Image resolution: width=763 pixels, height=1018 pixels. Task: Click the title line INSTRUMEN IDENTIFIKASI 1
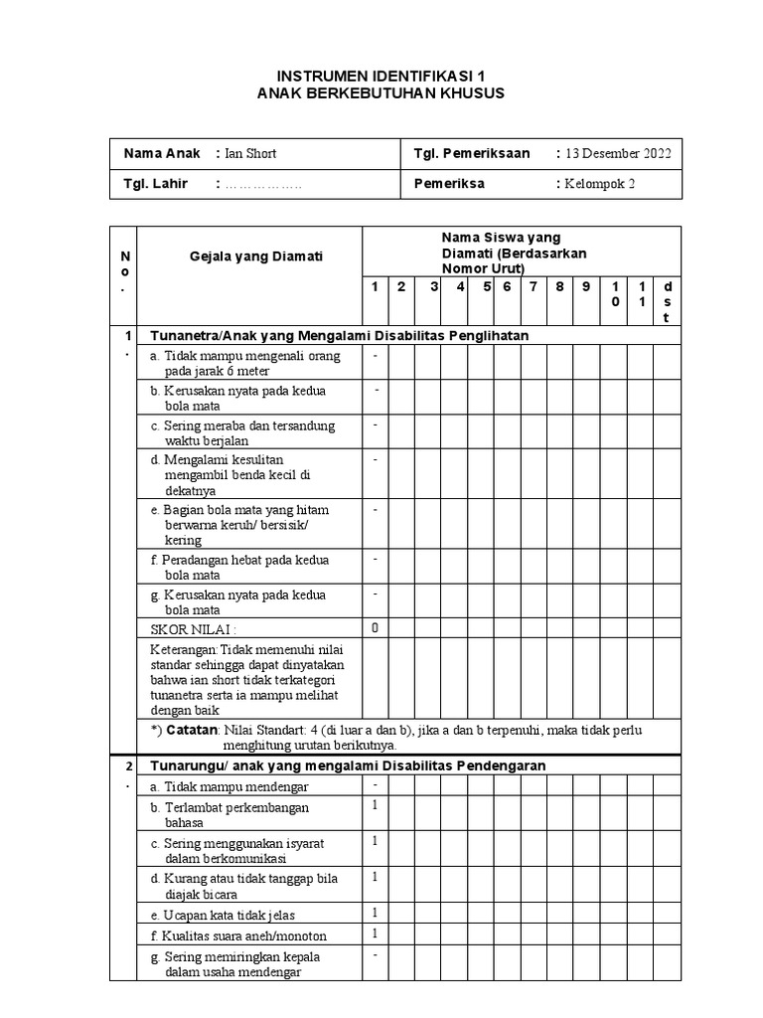(381, 76)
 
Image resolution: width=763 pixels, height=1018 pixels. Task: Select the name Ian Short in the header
(250, 153)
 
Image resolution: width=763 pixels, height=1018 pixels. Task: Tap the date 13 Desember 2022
(618, 153)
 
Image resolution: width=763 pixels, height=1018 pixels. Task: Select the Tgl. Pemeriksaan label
(472, 153)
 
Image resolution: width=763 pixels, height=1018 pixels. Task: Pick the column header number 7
(534, 287)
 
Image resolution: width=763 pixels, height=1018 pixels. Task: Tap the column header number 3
(435, 287)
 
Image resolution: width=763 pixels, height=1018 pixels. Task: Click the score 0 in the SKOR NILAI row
(375, 628)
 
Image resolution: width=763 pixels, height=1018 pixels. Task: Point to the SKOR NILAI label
(194, 629)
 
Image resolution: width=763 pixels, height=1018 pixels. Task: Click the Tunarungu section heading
(347, 765)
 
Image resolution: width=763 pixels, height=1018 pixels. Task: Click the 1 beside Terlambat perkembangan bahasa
(375, 805)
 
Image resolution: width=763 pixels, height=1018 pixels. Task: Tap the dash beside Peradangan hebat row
(375, 560)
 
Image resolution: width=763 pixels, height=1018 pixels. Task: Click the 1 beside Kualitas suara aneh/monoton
(375, 933)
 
